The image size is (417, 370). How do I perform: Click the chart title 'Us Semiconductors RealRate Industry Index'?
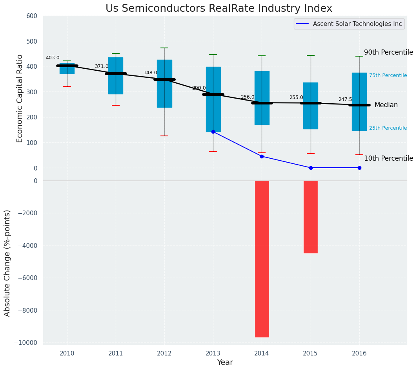click(x=219, y=9)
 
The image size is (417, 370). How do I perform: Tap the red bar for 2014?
click(x=262, y=258)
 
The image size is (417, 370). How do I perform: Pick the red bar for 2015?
click(x=310, y=217)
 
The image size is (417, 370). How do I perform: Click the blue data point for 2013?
click(x=213, y=132)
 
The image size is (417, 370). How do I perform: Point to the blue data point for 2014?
click(x=262, y=156)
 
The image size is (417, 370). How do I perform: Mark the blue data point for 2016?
click(x=359, y=168)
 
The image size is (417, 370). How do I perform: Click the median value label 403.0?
click(x=53, y=58)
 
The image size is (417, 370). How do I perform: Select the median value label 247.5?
click(x=345, y=100)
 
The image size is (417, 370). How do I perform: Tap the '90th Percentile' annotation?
click(x=388, y=52)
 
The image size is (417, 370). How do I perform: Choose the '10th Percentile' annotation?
click(x=388, y=158)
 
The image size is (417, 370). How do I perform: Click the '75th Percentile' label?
click(x=388, y=75)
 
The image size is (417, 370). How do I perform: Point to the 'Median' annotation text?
click(x=386, y=105)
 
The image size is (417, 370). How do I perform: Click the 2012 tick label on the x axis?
click(x=164, y=353)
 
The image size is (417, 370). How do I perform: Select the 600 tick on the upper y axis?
click(x=32, y=16)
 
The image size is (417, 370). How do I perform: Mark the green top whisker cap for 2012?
click(x=164, y=48)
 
